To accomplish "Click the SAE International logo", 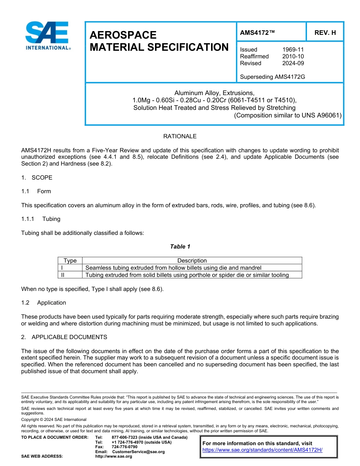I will [47, 36].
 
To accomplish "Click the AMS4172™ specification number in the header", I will [257, 33].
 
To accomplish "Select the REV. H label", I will [325, 33].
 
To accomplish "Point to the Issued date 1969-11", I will [293, 50].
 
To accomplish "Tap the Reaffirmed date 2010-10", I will [293, 56].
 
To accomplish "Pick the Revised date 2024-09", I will [293, 63].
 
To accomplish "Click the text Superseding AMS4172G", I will [272, 77].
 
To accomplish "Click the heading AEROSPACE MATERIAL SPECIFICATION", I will [159, 41].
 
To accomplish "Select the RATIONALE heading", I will [180, 136].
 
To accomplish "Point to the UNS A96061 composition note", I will [288, 116].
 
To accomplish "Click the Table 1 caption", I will [180, 247].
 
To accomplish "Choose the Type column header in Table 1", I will [70, 261].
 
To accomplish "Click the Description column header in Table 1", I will [192, 261].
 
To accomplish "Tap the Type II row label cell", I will [70, 275].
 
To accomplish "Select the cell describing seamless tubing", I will [173, 268].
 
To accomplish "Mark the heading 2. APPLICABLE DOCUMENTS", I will [64, 337].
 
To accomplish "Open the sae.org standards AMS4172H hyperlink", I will [262, 450].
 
